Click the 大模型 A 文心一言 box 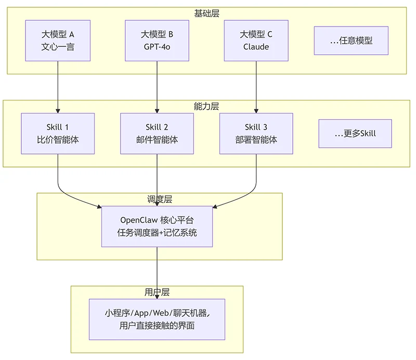(x=58, y=41)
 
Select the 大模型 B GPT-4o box (x=157, y=41)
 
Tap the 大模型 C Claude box (x=256, y=41)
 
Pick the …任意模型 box (x=351, y=41)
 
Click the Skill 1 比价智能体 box (x=58, y=134)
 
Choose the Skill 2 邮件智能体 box (x=157, y=134)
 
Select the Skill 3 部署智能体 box (x=256, y=134)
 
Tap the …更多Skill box (x=355, y=134)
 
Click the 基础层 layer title (x=206, y=13)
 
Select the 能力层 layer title (x=206, y=106)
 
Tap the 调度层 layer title (x=160, y=199)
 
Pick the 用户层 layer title (x=157, y=292)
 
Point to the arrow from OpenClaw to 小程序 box (x=157, y=273)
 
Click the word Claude (x=256, y=47)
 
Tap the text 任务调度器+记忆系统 (x=157, y=233)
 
